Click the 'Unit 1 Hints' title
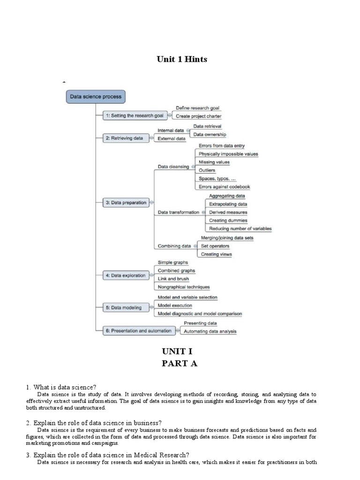coord(181,59)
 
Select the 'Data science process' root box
coord(96,97)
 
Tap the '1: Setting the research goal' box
coord(134,115)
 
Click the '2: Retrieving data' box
coord(124,138)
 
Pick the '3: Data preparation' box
coord(126,202)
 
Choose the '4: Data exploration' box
coord(125,276)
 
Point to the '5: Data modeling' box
coord(123,307)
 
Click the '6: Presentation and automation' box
coord(138,331)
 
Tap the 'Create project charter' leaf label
coord(198,116)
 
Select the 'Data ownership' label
coord(210,135)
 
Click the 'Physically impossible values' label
coord(228,154)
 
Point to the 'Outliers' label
coord(207,170)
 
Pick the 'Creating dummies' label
coord(228,220)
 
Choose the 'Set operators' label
coord(215,246)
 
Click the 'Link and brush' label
coord(173,278)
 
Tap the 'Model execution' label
coord(174,306)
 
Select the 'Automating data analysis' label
coord(210,331)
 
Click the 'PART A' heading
coord(180,363)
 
